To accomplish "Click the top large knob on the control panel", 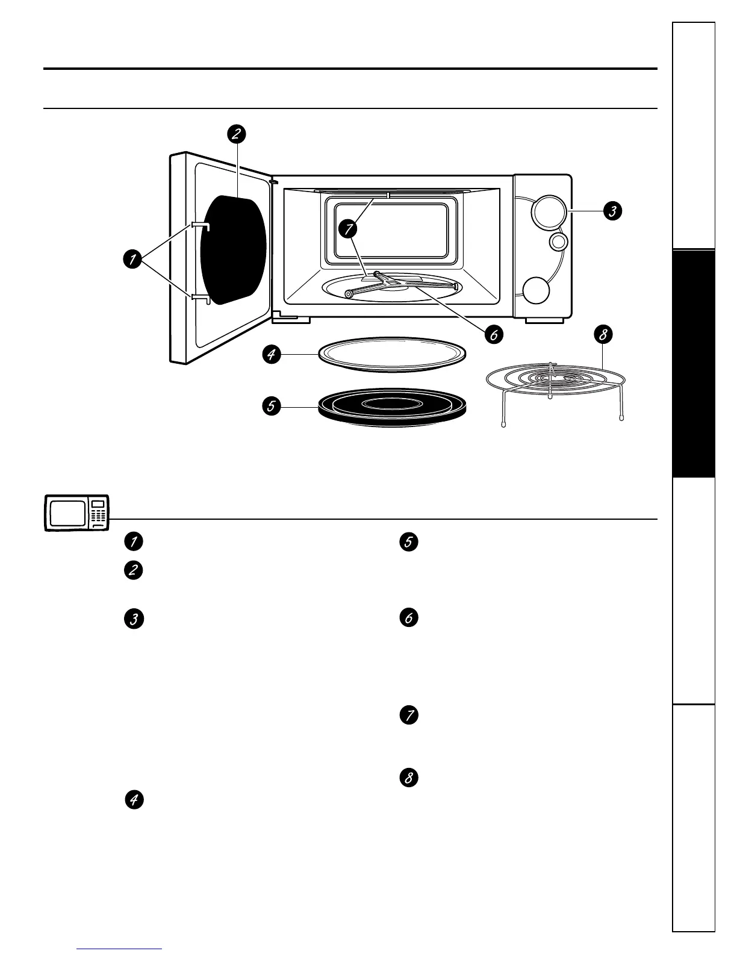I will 549,212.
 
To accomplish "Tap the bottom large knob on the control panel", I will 536,290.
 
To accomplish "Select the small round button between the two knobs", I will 558,242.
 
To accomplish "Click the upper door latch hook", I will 201,225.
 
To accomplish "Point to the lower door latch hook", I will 201,298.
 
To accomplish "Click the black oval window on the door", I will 233,249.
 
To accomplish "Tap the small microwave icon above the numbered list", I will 77,513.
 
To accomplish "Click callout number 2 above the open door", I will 237,134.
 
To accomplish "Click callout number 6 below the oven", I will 493,334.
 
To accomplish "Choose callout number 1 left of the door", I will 131,260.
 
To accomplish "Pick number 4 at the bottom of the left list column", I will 134,800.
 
